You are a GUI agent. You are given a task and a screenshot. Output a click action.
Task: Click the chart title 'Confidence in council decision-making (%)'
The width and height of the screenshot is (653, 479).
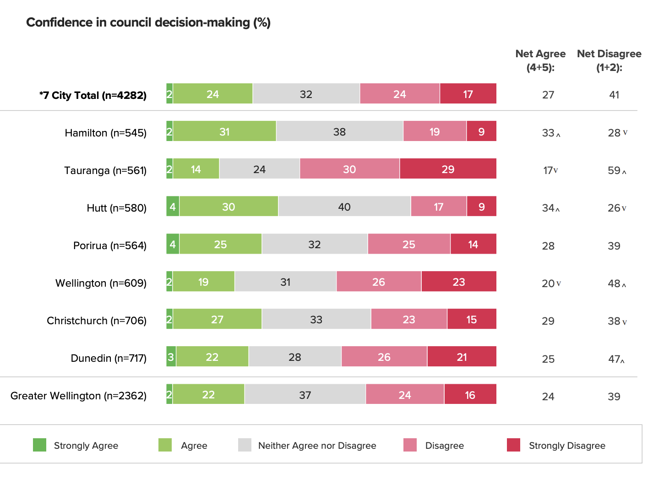coord(148,22)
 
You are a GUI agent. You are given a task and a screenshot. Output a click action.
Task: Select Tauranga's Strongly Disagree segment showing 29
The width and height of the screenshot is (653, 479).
coord(448,169)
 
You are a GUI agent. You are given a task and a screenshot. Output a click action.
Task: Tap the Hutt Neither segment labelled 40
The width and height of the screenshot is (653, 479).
coord(344,207)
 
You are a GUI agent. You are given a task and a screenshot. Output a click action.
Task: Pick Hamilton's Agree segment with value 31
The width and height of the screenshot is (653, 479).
coord(224,131)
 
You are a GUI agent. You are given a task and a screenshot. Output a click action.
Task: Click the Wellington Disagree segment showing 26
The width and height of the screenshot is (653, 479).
coord(379,282)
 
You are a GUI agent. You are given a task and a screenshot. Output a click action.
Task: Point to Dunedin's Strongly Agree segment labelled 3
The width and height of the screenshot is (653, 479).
coord(171,357)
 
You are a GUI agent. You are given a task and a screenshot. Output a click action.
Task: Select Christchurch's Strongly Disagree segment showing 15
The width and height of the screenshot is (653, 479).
coord(472,319)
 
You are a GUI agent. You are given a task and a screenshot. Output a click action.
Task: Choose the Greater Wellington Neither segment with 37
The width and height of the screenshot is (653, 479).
coord(305,394)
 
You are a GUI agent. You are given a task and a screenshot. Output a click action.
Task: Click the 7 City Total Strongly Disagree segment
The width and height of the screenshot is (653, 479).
coord(468,94)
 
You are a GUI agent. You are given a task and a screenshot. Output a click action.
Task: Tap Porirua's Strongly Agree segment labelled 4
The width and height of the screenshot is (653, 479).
coord(173,244)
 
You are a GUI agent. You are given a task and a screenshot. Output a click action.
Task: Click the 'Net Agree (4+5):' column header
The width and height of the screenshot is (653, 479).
coord(540,60)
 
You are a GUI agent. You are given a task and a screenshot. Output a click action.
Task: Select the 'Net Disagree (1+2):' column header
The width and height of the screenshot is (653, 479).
coord(609,60)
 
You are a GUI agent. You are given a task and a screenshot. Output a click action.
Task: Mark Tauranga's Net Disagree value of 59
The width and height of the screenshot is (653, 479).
coord(614,170)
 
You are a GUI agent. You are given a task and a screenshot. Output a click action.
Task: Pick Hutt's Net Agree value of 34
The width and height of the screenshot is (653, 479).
coord(548,208)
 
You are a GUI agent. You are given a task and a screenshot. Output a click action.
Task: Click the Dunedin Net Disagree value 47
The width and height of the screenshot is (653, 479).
coord(614,359)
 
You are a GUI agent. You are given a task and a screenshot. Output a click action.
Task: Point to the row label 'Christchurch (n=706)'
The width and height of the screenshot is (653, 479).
coord(97,321)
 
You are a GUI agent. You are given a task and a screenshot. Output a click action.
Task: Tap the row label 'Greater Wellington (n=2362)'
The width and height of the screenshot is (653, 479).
coord(78,396)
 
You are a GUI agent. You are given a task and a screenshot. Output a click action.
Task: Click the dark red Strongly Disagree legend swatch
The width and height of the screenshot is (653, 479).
coord(513,445)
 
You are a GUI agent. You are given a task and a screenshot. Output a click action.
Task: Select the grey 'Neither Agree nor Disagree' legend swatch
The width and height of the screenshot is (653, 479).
coord(245,445)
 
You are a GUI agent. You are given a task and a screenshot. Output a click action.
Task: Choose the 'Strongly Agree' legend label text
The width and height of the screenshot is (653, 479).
coord(86,446)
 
